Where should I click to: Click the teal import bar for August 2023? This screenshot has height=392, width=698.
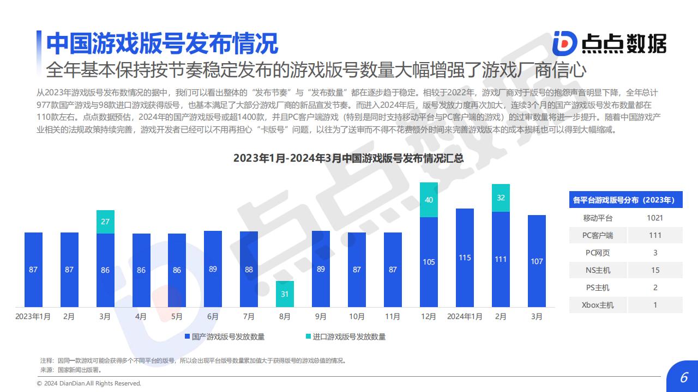point(285,293)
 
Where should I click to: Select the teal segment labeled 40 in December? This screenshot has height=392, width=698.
point(429,200)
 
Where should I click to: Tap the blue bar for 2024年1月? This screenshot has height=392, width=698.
point(465,257)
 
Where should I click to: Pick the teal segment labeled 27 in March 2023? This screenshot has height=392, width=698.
point(105,222)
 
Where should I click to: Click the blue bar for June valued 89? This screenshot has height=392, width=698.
point(213,268)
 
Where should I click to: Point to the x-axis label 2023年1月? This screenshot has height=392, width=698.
point(33,316)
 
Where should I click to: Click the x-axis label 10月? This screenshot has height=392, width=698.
point(357,316)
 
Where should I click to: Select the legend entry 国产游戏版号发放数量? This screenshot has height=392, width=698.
point(224,336)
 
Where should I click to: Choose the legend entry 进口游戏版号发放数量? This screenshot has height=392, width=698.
point(345,336)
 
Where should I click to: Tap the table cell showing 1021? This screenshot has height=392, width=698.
point(655,218)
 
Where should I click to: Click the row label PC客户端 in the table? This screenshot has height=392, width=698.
point(598,235)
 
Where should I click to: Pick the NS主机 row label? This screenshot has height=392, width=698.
point(598,270)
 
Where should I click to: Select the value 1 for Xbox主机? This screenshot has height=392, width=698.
point(655,305)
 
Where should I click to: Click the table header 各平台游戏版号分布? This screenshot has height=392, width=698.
point(625,200)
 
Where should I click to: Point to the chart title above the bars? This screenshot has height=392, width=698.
point(348,158)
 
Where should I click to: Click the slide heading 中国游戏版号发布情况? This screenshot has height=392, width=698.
point(162,43)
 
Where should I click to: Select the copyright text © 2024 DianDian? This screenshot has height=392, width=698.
point(89,383)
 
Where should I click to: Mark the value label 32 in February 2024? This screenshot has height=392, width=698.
point(501,198)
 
